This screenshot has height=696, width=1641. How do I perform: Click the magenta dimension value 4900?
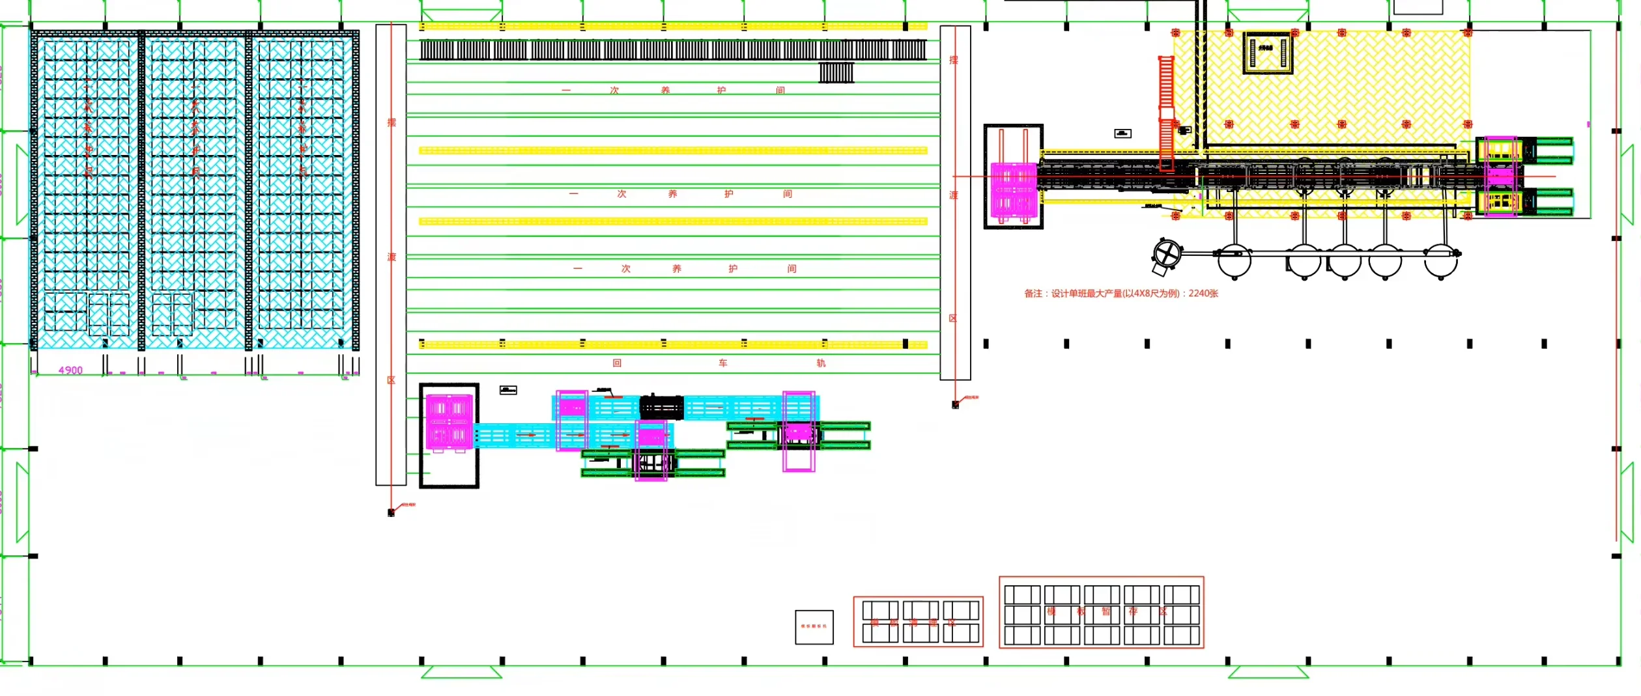(70, 370)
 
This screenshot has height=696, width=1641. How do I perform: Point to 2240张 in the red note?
(1203, 294)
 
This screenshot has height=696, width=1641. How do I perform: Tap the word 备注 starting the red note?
(1033, 294)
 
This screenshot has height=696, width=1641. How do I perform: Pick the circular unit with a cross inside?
(1167, 254)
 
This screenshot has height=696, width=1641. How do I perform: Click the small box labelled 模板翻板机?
(814, 627)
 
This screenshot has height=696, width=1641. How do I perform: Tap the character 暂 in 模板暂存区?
(1106, 612)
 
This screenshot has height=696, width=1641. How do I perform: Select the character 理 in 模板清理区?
(932, 623)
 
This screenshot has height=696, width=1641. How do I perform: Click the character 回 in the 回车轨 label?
(617, 363)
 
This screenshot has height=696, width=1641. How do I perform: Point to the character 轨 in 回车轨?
(821, 363)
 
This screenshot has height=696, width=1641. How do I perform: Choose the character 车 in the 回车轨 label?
(723, 363)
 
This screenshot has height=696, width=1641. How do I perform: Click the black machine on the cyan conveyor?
(661, 408)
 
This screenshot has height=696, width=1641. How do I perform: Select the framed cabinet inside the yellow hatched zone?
(1267, 53)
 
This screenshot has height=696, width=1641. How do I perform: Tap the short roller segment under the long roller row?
(836, 72)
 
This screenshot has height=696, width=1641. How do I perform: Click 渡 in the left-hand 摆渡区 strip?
(392, 257)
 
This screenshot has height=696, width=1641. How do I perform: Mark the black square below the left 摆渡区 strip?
(391, 513)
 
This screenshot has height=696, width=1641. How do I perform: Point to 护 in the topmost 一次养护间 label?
(721, 90)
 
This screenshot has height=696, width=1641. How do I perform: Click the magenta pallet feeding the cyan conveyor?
(449, 422)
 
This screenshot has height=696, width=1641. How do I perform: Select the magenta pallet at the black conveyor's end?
(1013, 189)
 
